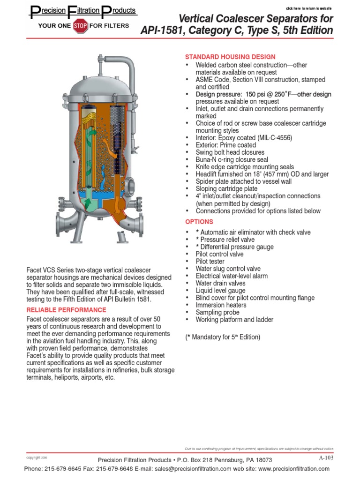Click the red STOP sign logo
click(80, 26)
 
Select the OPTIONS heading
click(199, 221)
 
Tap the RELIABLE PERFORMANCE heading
click(66, 310)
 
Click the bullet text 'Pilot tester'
click(210, 261)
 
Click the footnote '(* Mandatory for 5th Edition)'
click(223, 337)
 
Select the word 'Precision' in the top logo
click(47, 10)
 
